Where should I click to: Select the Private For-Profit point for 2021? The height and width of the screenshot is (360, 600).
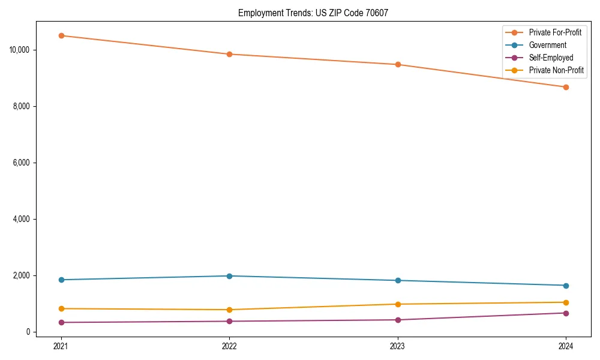(61, 35)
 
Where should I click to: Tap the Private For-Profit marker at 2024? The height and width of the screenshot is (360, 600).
(566, 87)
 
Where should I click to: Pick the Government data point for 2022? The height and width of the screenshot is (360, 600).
(229, 276)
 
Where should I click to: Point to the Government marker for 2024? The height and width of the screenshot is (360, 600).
(566, 286)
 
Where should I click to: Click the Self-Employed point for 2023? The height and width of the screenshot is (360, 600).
(398, 320)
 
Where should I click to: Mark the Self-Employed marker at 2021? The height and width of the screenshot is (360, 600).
(61, 322)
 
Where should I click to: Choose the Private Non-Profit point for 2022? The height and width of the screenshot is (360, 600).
(229, 310)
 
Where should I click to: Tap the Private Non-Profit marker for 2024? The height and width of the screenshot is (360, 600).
(566, 302)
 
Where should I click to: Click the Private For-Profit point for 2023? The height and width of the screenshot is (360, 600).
(398, 64)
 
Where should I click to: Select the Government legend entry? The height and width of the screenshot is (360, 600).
(547, 45)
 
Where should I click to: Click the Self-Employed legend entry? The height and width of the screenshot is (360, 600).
(551, 58)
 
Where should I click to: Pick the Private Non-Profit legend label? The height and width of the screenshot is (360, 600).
(556, 70)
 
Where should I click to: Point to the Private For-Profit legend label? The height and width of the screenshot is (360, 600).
(555, 32)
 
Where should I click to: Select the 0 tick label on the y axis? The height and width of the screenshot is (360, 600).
(28, 332)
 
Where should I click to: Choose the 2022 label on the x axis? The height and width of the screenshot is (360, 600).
(229, 346)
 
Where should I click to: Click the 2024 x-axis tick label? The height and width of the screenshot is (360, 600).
(566, 346)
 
